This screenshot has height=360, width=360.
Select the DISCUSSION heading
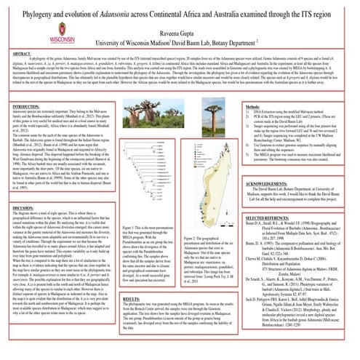tap(23, 207)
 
